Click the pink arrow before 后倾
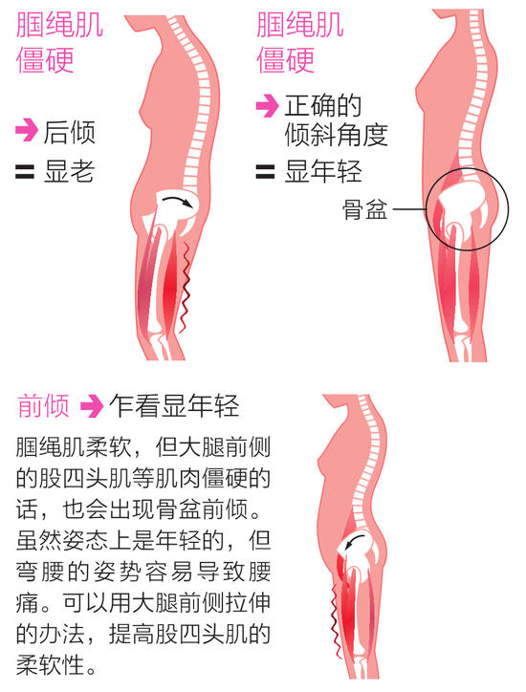[26, 130]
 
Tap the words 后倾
[70, 132]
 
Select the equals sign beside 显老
[25, 172]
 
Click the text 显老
[69, 171]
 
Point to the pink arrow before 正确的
[267, 106]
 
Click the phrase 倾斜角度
[337, 135]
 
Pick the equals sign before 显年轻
[266, 172]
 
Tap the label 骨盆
[364, 208]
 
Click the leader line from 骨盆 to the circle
[410, 209]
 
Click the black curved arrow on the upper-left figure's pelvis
[178, 201]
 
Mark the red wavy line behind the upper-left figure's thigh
[185, 287]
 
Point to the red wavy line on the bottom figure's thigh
[336, 621]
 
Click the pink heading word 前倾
[43, 405]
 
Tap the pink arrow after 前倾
[92, 406]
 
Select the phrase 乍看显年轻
[174, 405]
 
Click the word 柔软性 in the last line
[50, 664]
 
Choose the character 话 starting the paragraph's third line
[27, 509]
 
